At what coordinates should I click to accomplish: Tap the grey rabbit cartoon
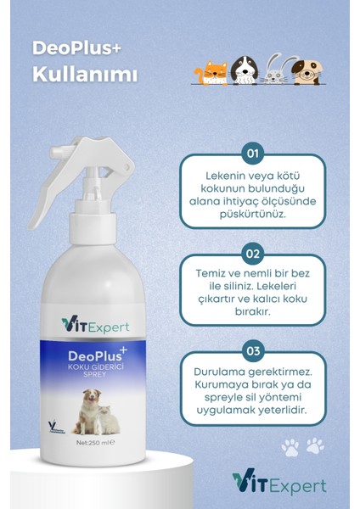pyautogui.click(x=273, y=71)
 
